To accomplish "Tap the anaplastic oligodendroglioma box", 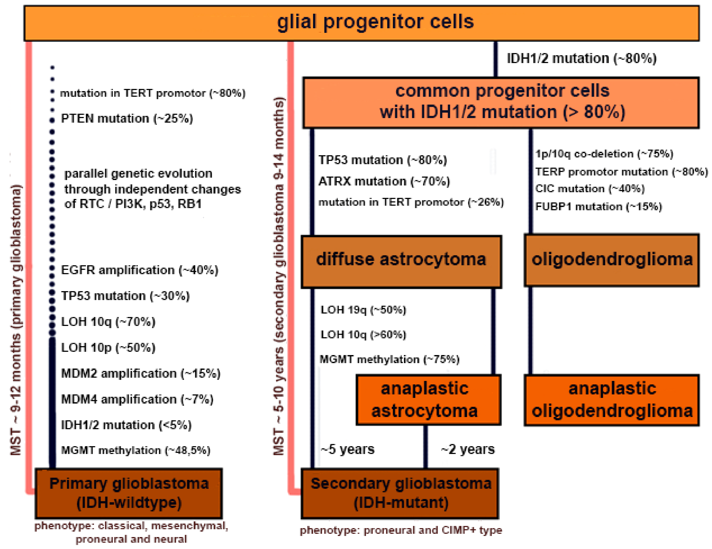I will [x=611, y=400].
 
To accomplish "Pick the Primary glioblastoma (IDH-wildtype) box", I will [x=129, y=493].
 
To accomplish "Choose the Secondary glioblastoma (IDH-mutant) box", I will [x=400, y=493].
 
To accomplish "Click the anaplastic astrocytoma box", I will [x=428, y=400].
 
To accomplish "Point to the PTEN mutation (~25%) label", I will [x=127, y=118].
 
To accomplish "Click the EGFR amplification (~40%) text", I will [x=139, y=270].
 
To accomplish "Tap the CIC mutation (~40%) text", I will [x=590, y=189].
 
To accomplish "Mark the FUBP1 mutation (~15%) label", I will [x=598, y=207].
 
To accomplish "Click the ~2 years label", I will [x=467, y=449].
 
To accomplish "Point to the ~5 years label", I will [x=348, y=449].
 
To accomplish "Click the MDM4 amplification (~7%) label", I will [x=137, y=399].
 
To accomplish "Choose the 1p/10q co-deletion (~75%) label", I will [x=604, y=154].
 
